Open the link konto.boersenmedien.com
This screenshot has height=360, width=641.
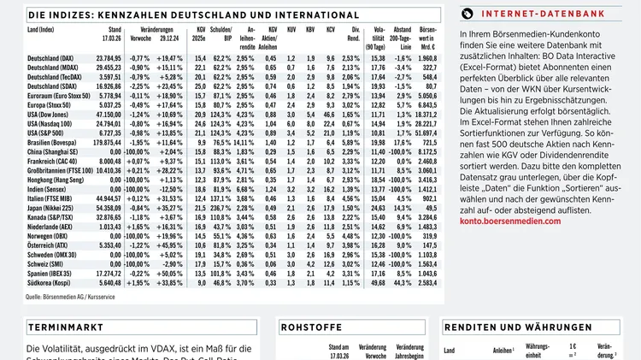tap(510, 221)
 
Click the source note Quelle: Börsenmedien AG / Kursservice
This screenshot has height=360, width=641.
tap(70, 297)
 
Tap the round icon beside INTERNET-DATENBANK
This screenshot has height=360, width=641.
tap(467, 13)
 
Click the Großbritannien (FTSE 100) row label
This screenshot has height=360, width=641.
tap(59, 170)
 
